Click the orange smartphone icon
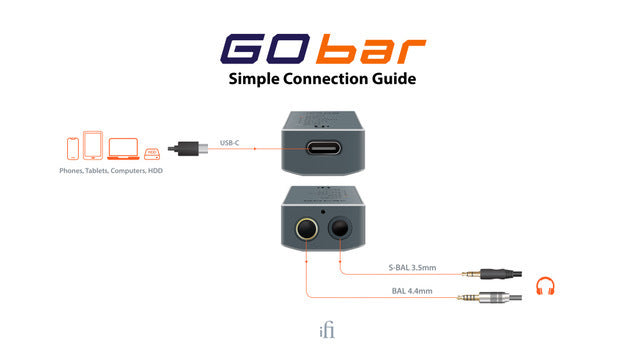[x=72, y=148]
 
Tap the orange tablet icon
[x=93, y=146]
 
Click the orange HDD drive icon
[x=151, y=153]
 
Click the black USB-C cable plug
[x=190, y=149]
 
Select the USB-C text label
[x=230, y=142]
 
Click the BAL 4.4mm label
[x=412, y=292]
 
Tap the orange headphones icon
[x=545, y=286]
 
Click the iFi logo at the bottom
[x=319, y=332]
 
